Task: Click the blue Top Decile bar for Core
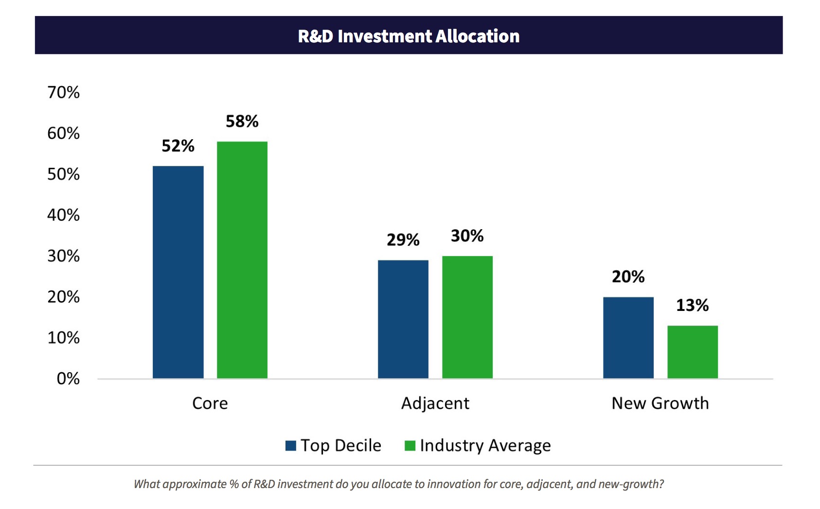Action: point(178,272)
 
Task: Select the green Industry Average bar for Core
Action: point(242,260)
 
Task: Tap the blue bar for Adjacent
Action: point(403,319)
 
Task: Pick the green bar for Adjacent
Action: point(467,317)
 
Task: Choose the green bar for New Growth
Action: point(692,352)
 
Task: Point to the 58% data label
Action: point(242,121)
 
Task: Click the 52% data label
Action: point(178,145)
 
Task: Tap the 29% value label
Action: point(403,239)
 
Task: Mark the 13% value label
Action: point(692,305)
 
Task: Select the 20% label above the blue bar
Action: point(628,276)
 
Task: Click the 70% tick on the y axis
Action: point(63,92)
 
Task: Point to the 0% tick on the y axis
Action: point(68,378)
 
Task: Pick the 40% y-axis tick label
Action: point(63,215)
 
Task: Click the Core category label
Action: point(210,403)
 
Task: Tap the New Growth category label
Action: point(660,403)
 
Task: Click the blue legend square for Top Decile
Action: point(291,445)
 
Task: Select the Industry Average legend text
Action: point(485,445)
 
